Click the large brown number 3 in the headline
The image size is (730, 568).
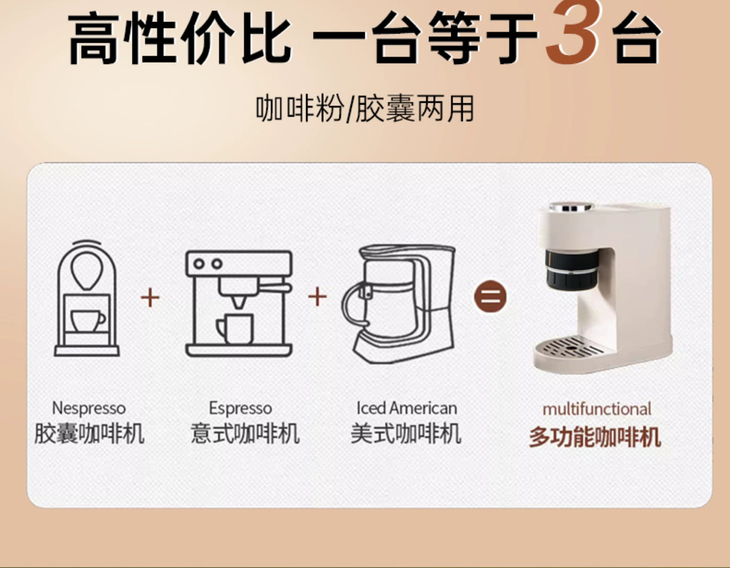pos(573,32)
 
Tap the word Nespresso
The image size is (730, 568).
pos(89,408)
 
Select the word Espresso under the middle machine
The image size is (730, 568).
pos(240,408)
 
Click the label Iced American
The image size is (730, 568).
pos(406,408)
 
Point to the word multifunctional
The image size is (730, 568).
pos(597,409)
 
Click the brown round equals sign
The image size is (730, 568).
pos(490,297)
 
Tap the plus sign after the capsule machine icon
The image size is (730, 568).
pos(150,297)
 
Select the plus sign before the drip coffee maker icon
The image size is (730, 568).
pos(317,297)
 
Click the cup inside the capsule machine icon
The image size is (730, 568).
pos(88,320)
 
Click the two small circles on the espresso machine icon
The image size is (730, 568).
pos(208,263)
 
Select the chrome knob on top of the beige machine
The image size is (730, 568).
pos(571,207)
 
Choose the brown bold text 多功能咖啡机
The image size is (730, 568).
pos(595,437)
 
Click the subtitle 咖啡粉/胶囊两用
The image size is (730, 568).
pos(365,109)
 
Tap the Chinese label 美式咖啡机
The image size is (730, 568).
pos(406,434)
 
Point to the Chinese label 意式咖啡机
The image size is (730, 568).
pos(245,434)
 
